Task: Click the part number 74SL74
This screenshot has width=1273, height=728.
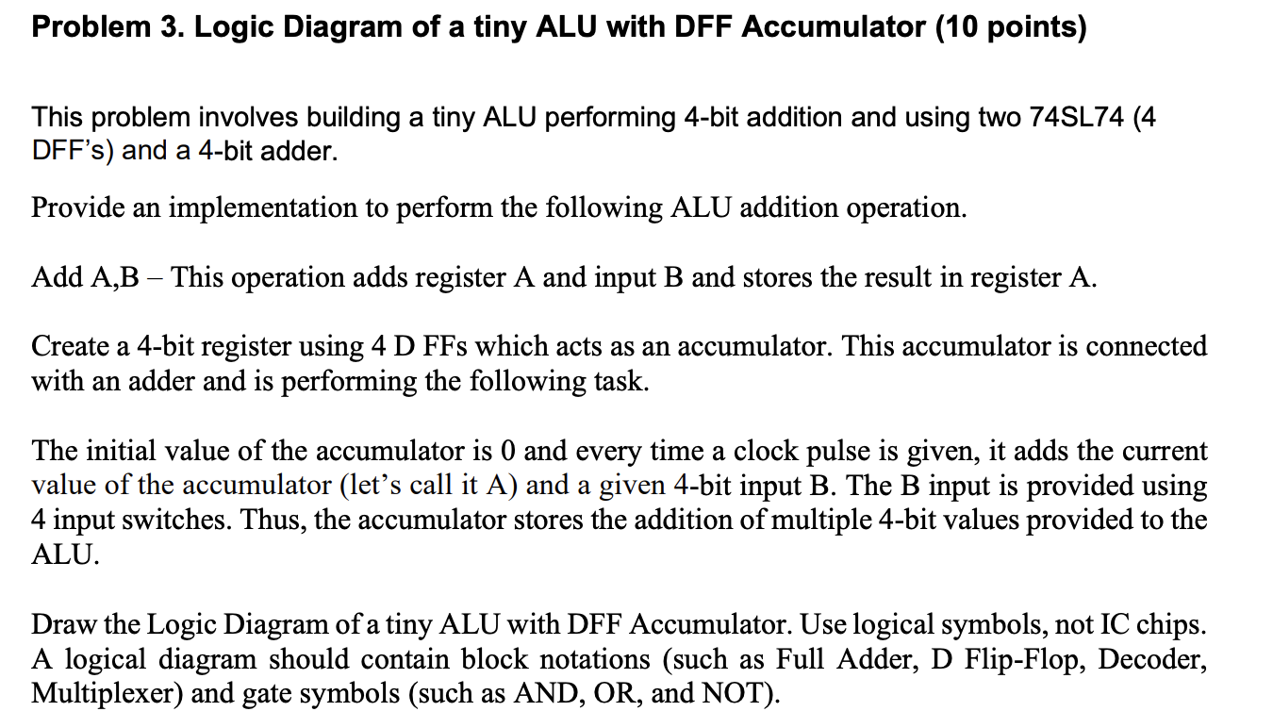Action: click(x=1074, y=118)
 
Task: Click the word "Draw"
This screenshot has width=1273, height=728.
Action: click(x=61, y=624)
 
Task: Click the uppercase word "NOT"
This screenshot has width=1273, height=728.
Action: click(x=735, y=693)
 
